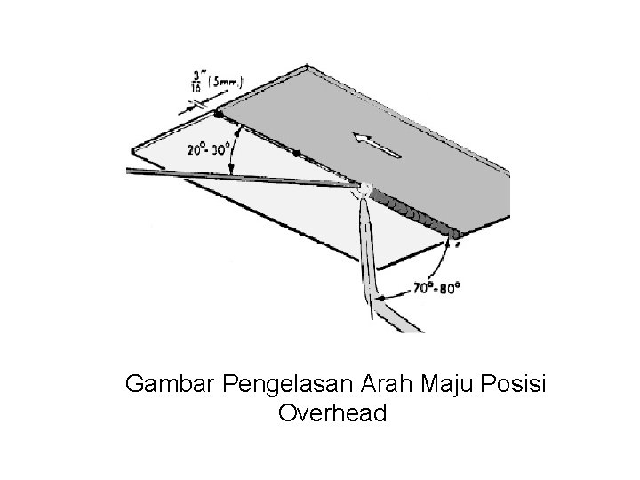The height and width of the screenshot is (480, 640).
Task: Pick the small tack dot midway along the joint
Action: pos(296,152)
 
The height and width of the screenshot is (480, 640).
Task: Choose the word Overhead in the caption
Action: pos(332,414)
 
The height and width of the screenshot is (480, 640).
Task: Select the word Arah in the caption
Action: pos(387,386)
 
